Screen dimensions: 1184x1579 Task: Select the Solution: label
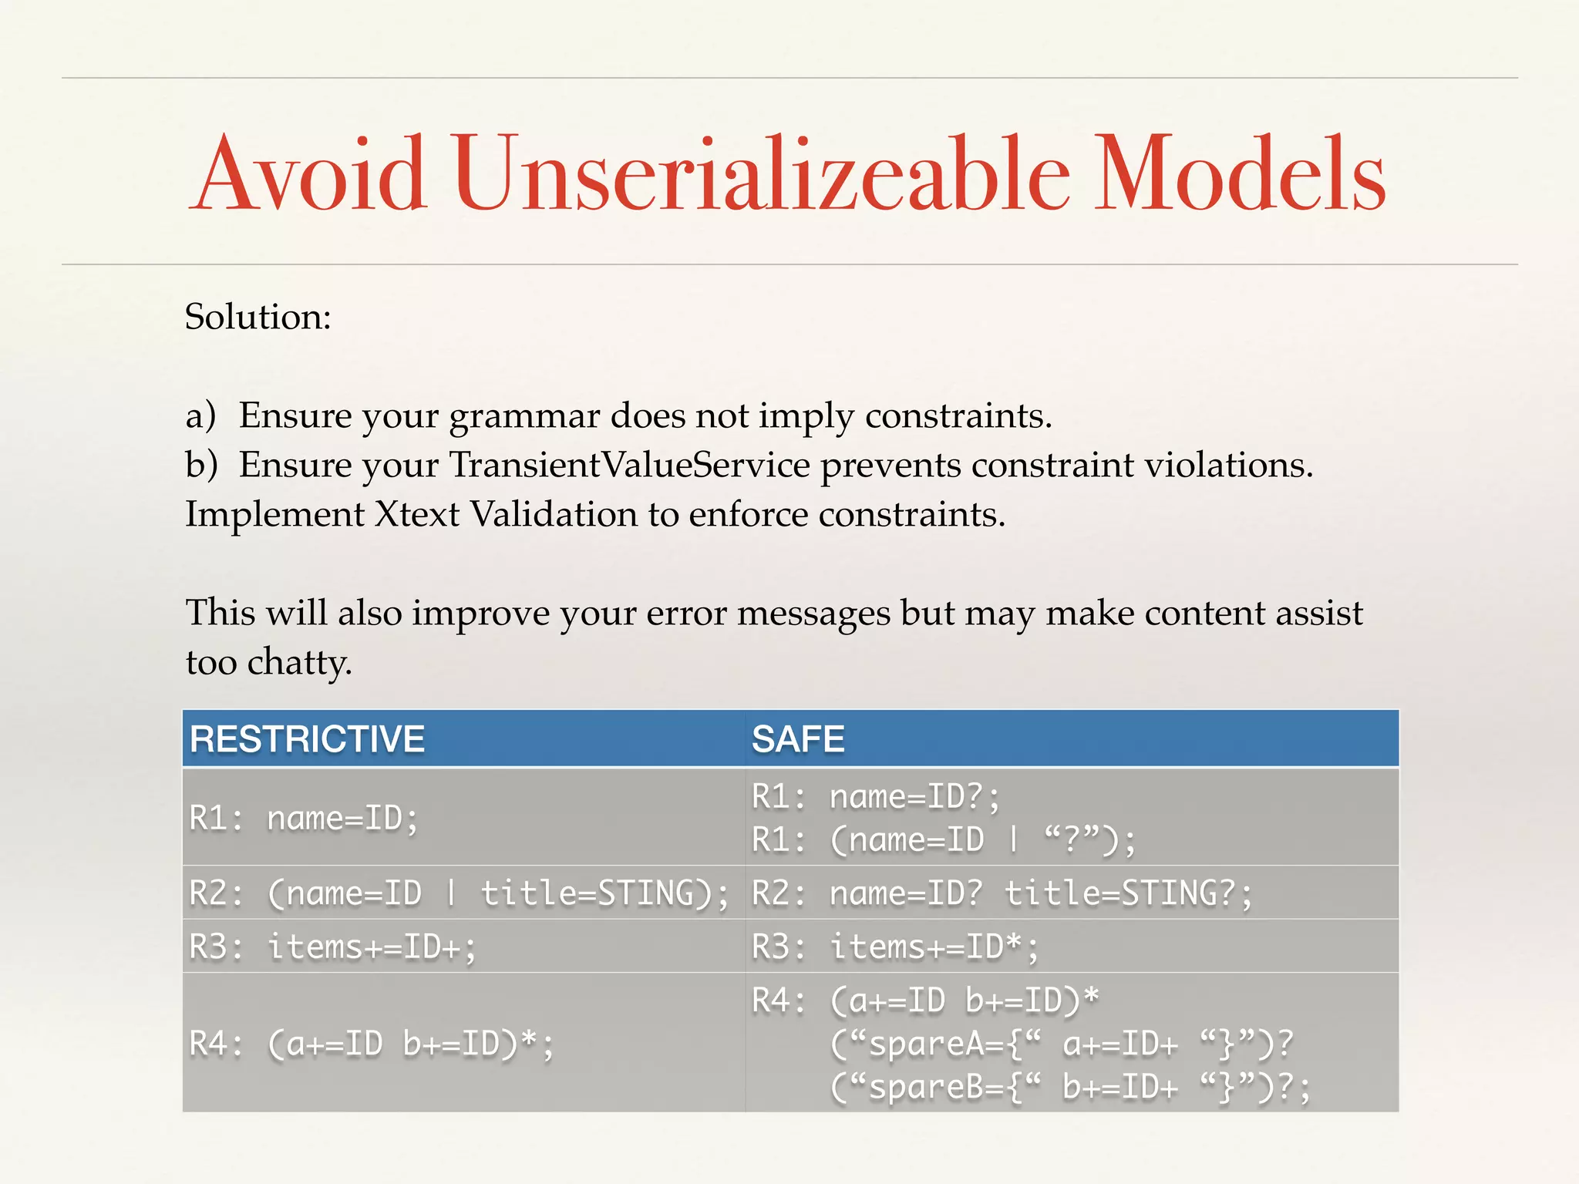[x=258, y=317]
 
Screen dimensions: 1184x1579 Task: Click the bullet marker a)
[x=200, y=415]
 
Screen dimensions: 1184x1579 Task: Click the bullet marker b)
[x=201, y=465]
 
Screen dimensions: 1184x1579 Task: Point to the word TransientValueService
[x=629, y=465]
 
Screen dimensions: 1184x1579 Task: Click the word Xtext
[x=417, y=514]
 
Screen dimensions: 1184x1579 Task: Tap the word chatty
[x=299, y=662]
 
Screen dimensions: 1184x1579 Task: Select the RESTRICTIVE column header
[x=307, y=738]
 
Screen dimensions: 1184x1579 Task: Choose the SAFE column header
[x=798, y=738]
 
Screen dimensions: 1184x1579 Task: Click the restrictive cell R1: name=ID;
[x=304, y=818]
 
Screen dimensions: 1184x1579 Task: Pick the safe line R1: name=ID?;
[x=876, y=796]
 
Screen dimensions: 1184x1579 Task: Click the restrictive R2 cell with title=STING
[x=459, y=893]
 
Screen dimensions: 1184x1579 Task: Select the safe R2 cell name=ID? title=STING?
[x=1002, y=893]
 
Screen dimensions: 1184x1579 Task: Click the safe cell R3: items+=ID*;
[x=895, y=947]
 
